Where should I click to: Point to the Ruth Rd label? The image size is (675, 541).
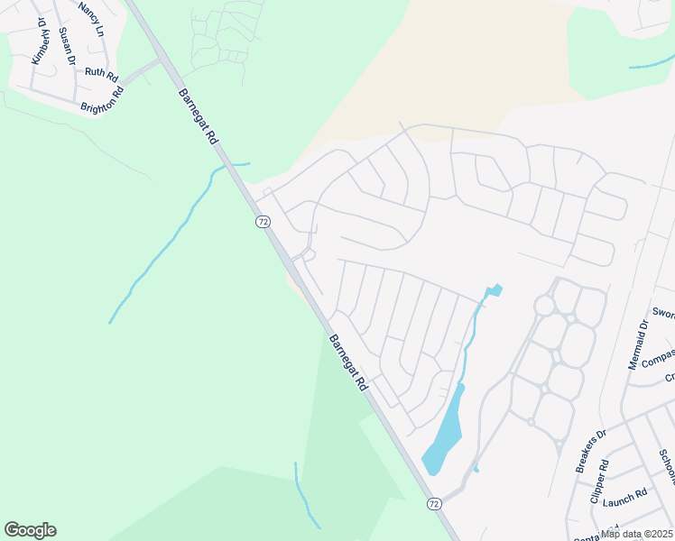(x=101, y=73)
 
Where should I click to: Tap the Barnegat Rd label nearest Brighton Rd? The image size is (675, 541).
(x=199, y=116)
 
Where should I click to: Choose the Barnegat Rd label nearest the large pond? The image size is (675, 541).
(x=348, y=362)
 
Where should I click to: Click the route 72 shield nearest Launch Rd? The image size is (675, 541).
(x=434, y=503)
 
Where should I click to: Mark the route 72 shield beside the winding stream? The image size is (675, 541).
(x=262, y=221)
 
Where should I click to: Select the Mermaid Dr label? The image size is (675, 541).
(x=638, y=345)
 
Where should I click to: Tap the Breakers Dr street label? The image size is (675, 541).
(x=591, y=452)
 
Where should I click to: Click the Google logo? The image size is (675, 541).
(x=30, y=530)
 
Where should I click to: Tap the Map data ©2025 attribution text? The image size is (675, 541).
(x=636, y=534)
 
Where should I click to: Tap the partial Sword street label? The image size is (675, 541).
(x=663, y=314)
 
